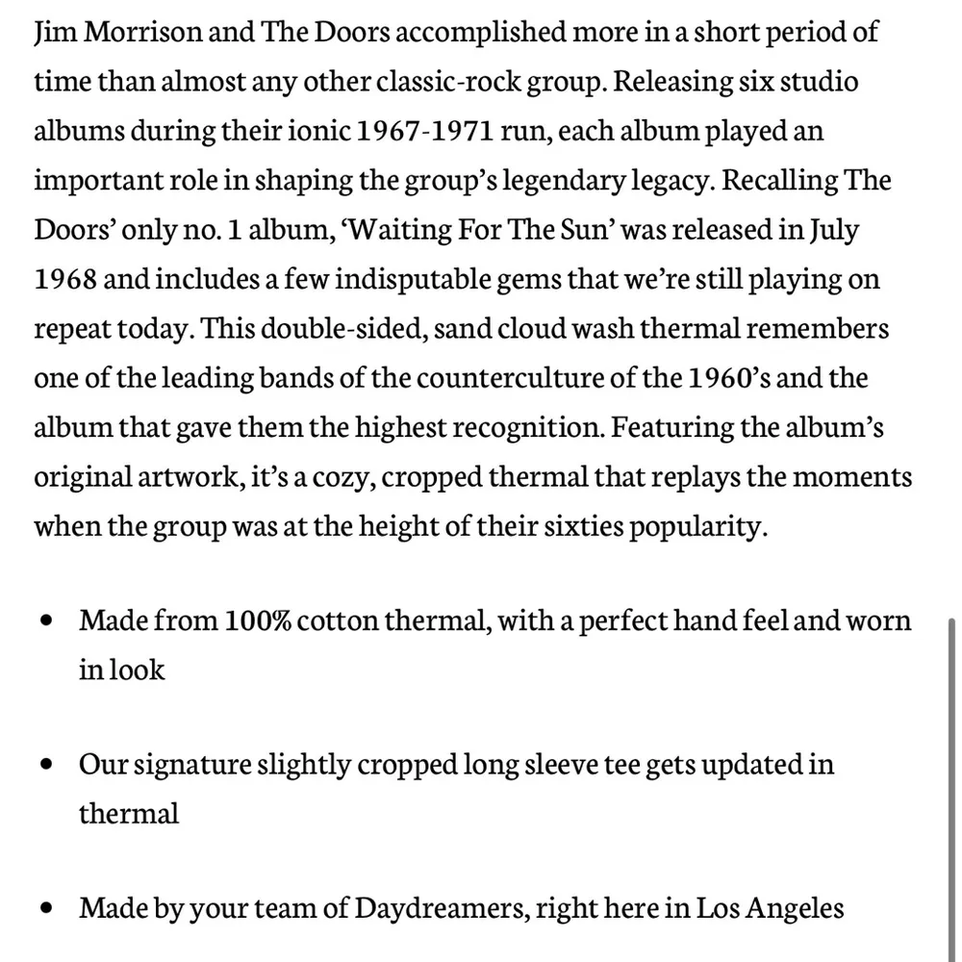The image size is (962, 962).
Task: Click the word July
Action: pos(834,231)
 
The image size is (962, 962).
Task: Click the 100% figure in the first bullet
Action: pos(258,620)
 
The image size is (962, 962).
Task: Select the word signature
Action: pos(190,766)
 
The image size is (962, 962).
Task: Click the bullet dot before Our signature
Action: pos(46,767)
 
